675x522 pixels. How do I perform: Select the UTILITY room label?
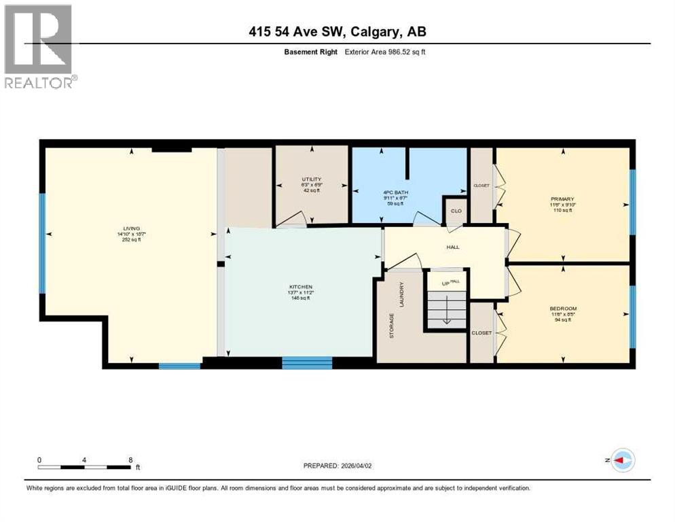312,179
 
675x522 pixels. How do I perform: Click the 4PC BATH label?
393,192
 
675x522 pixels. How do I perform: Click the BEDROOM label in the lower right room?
563,309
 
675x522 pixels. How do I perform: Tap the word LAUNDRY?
402,294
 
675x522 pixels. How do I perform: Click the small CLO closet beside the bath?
456,211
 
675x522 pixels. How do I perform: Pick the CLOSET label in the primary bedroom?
481,186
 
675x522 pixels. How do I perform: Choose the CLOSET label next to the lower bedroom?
481,333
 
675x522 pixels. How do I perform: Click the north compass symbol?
621,460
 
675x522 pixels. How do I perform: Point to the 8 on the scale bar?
130,459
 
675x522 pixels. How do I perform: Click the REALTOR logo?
40,47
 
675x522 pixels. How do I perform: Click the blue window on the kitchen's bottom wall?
307,363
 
